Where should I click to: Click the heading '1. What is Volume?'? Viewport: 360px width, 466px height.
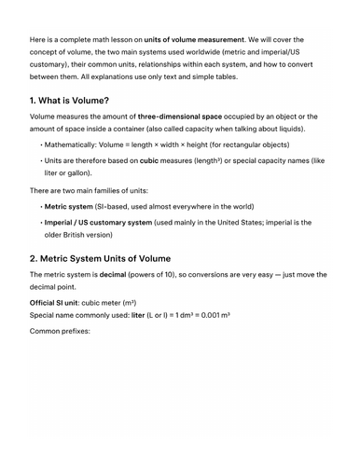point(69,100)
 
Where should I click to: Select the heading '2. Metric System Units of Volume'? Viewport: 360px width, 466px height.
point(100,258)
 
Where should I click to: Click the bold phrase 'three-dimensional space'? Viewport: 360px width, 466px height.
point(176,116)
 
